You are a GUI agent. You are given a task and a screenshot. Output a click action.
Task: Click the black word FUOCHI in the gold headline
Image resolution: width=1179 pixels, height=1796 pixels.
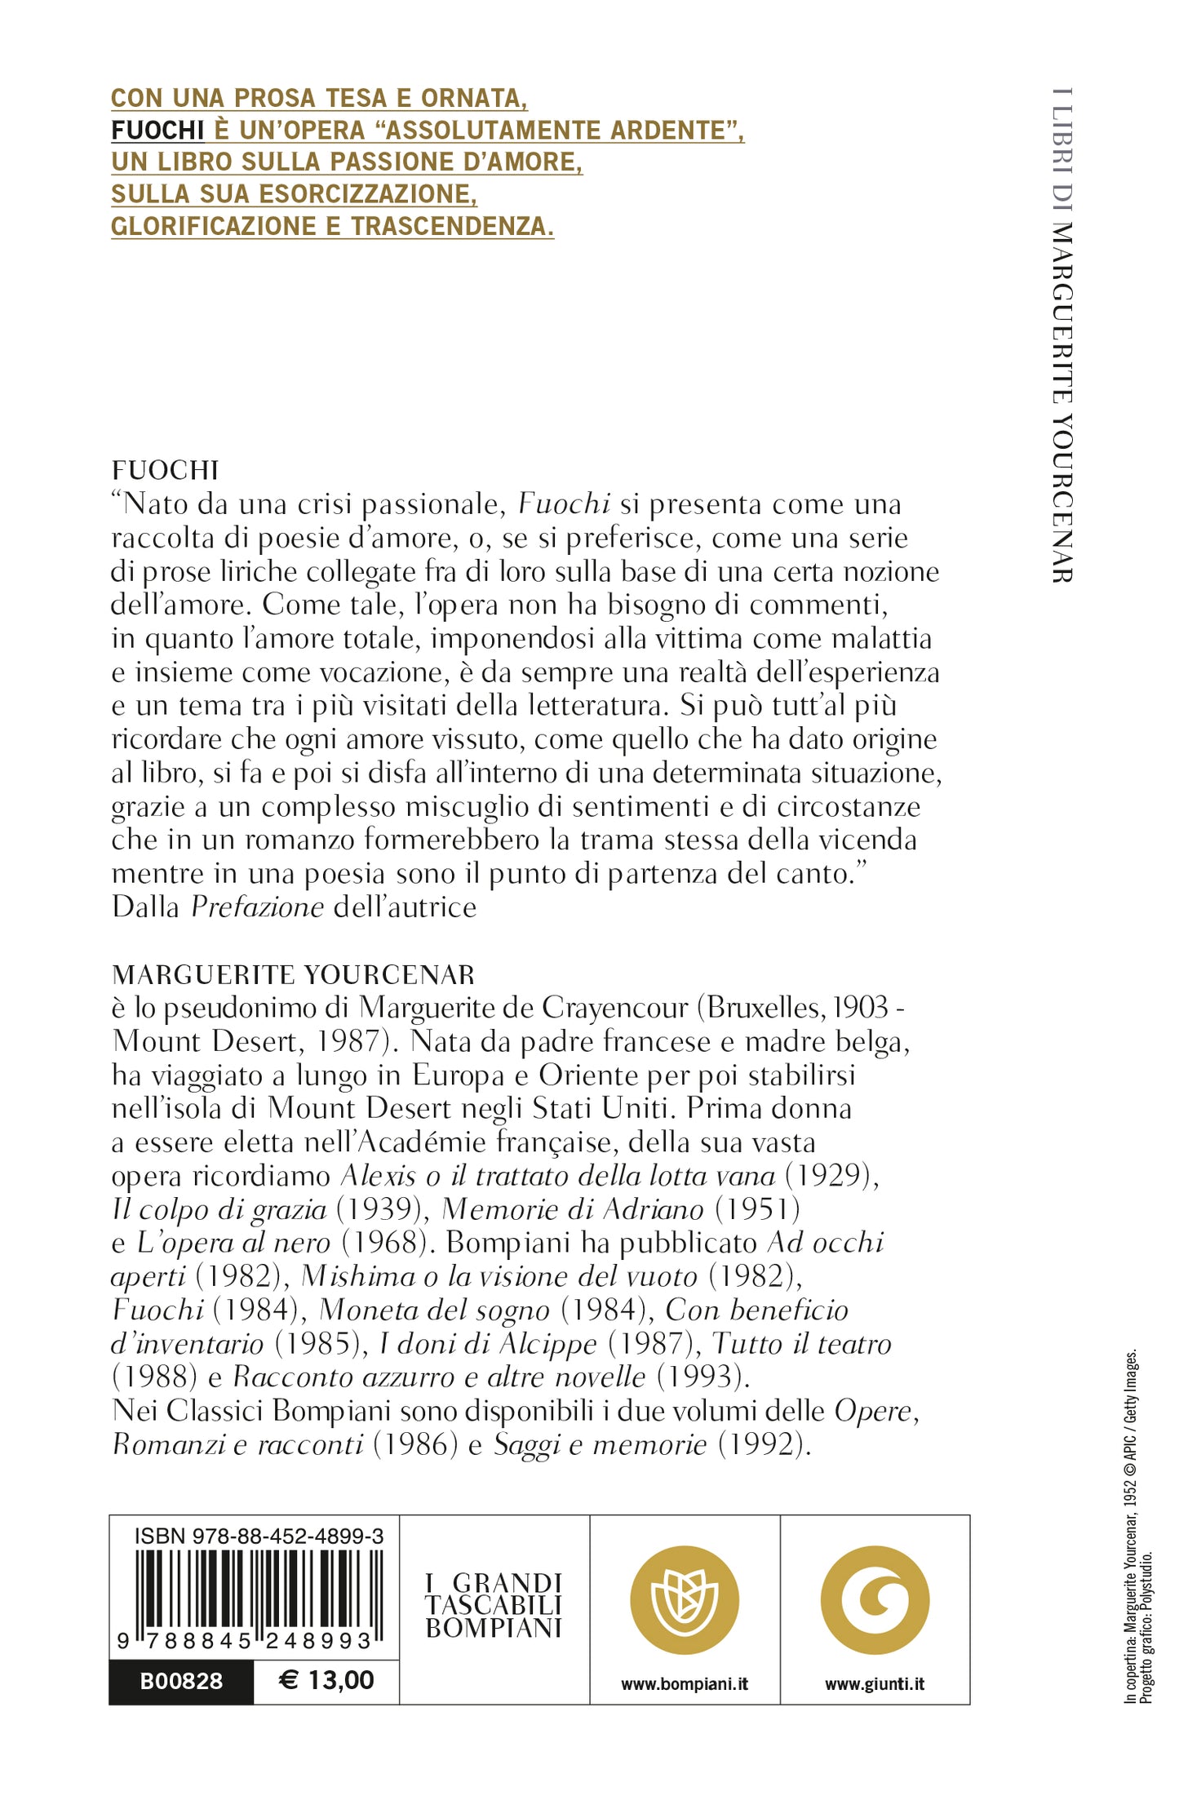pyautogui.click(x=157, y=131)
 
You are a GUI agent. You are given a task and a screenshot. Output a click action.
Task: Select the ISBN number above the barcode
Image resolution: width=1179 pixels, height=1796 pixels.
pyautogui.click(x=259, y=1536)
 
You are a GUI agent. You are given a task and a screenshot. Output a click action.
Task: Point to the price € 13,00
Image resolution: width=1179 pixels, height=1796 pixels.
pyautogui.click(x=326, y=1680)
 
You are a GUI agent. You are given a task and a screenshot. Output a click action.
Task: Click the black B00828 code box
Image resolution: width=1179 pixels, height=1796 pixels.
pyautogui.click(x=181, y=1681)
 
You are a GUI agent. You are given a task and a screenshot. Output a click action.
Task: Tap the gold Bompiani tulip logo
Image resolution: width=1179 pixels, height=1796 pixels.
pyautogui.click(x=685, y=1599)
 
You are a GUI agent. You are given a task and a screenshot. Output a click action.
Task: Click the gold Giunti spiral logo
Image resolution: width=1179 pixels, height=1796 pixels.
pyautogui.click(x=875, y=1599)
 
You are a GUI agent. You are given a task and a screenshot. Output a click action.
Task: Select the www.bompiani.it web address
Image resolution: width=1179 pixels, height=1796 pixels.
pyautogui.click(x=685, y=1684)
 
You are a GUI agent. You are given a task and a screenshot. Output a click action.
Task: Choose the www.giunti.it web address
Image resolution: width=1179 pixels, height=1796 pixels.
pyautogui.click(x=875, y=1684)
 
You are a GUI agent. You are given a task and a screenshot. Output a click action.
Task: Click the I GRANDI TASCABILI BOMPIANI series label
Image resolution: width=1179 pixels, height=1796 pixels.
pyautogui.click(x=494, y=1606)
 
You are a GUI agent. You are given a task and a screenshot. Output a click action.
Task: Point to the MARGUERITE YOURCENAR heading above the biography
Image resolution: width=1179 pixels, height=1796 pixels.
pyautogui.click(x=293, y=974)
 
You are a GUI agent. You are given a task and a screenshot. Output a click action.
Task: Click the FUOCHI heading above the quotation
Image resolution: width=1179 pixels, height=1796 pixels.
pyautogui.click(x=165, y=470)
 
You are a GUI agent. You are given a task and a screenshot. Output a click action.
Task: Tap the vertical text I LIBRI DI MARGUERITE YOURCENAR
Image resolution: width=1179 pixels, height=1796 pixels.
pyautogui.click(x=1062, y=335)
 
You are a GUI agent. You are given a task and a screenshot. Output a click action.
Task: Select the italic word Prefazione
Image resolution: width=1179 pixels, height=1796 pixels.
pyautogui.click(x=258, y=907)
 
